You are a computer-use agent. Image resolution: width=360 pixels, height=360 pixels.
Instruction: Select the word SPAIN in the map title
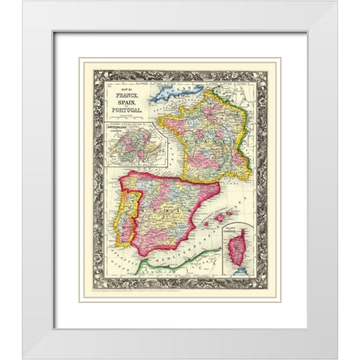(124, 103)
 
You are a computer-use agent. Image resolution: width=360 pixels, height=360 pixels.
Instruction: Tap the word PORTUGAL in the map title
(124, 110)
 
